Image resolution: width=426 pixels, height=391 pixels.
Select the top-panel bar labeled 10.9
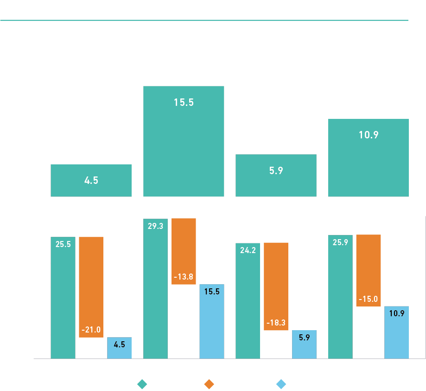point(369,157)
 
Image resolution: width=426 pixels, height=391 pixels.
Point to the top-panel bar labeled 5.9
point(276,175)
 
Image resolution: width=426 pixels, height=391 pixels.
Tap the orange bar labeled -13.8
point(184,251)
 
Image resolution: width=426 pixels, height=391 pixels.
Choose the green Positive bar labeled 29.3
point(155,288)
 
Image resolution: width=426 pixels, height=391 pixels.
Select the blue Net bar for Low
point(119,348)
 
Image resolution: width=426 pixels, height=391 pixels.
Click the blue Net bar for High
point(396,332)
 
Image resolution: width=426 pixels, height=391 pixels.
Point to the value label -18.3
point(276,322)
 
